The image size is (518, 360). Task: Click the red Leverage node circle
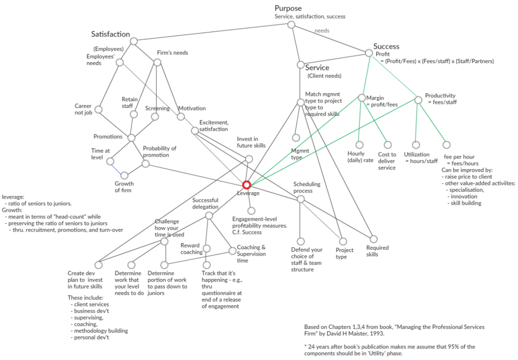[x=246, y=185]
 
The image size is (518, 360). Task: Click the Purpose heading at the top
[x=288, y=8]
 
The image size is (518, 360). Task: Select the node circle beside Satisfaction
[x=134, y=41]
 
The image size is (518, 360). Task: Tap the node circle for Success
[x=369, y=53]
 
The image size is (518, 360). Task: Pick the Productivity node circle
[x=418, y=100]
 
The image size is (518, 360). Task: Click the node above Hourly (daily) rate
[x=360, y=145]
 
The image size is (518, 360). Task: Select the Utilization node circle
[x=416, y=145]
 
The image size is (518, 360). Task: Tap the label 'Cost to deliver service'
[x=387, y=161]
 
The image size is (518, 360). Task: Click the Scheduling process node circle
[x=300, y=199]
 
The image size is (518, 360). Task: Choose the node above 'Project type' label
[x=341, y=241]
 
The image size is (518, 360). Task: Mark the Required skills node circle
[x=374, y=239]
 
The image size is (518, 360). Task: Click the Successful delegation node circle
[x=209, y=216]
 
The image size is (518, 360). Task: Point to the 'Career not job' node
[x=99, y=109]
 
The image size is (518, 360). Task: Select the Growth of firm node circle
[x=124, y=175]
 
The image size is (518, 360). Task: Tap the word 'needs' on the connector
[x=322, y=31]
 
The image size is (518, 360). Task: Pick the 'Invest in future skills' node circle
[x=249, y=159]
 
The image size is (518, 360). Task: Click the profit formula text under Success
[x=437, y=61]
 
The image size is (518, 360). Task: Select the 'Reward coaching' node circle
[x=207, y=248]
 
